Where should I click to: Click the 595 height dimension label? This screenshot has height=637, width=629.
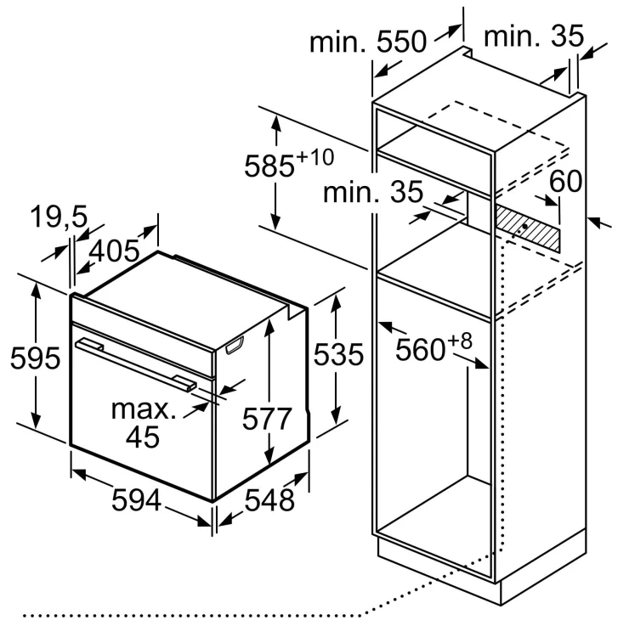35,358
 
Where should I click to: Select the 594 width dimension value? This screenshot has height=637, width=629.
136,500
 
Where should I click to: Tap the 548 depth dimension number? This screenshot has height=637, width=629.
269,500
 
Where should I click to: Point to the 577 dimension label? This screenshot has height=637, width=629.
267,419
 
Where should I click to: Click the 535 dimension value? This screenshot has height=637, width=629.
338,355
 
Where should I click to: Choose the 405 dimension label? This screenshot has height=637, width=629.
114,251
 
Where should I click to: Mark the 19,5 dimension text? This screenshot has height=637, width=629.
59,216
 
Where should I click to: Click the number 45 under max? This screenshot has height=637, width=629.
142,437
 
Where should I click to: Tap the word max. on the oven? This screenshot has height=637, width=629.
144,409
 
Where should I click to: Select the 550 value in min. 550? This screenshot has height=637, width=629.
402,42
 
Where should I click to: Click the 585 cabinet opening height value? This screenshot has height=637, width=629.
269,166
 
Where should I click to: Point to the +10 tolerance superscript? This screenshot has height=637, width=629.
315,157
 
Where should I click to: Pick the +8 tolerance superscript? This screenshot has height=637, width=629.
460,341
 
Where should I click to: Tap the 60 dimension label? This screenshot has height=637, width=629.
565,181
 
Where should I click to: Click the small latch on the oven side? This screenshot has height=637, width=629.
235,346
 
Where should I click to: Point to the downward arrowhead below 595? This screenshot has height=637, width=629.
36,420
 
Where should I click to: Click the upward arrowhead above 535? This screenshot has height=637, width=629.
336,302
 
